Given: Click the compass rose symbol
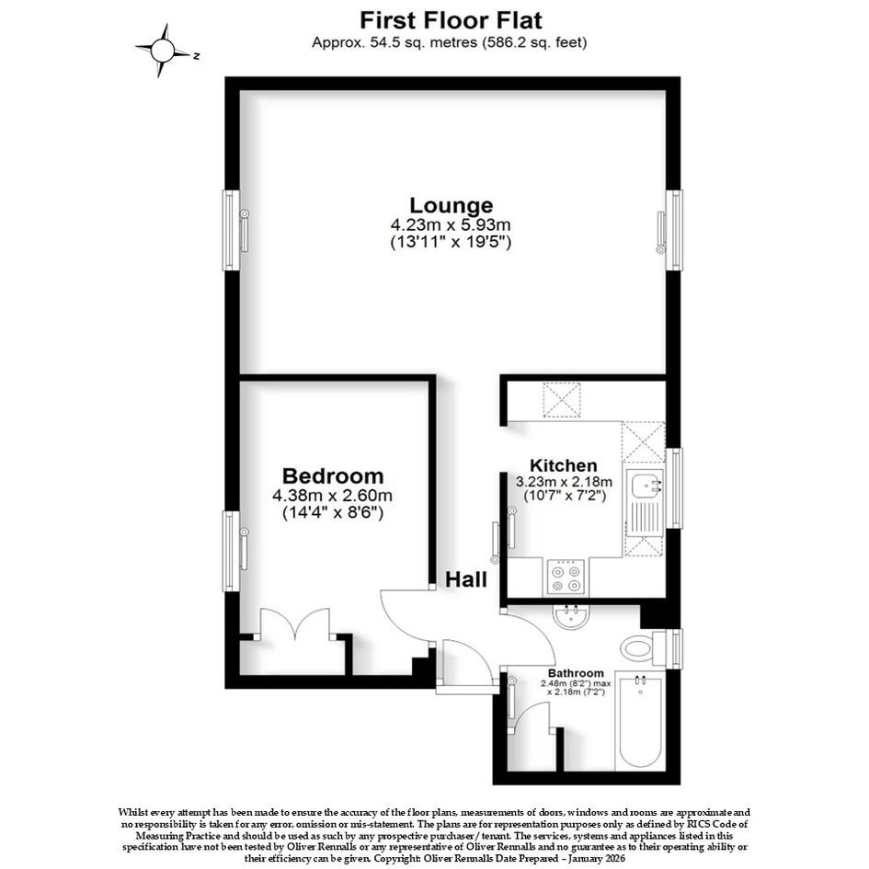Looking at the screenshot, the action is [x=163, y=51].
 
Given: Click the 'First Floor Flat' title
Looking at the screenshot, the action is [x=451, y=20].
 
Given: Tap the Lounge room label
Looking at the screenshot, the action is [x=451, y=205].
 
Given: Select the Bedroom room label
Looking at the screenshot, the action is [x=333, y=475].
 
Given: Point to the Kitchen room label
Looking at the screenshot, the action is [x=563, y=465].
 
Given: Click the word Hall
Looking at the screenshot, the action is [x=466, y=579].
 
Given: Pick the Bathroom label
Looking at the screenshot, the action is [x=576, y=673].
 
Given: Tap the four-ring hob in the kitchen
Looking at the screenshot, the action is [x=566, y=577].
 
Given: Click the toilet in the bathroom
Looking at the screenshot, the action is [x=643, y=647].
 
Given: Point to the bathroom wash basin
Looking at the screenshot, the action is [x=571, y=617].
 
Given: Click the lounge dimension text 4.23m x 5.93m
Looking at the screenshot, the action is [x=451, y=225].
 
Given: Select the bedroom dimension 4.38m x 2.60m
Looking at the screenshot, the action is [x=333, y=495].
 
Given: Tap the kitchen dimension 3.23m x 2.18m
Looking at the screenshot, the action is [x=564, y=481].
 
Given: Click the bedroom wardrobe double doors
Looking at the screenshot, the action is [x=295, y=624].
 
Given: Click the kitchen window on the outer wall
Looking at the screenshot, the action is [x=674, y=487].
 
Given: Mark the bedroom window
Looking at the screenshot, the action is [x=231, y=551].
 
